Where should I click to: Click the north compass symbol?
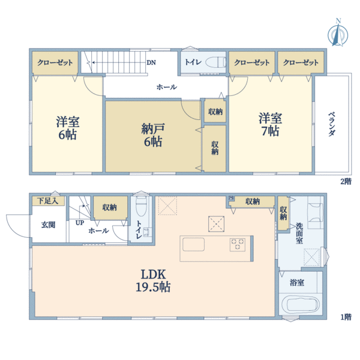[338, 33]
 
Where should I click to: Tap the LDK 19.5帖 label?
[153, 281]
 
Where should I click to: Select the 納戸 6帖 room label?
[153, 135]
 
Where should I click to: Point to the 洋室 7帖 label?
[271, 125]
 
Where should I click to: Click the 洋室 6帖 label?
[68, 128]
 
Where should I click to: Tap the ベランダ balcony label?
[332, 124]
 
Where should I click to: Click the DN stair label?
[151, 62]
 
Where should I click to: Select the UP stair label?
[80, 223]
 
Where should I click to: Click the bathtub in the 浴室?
[300, 304]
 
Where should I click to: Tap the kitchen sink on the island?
[193, 244]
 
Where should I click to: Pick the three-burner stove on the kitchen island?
[238, 244]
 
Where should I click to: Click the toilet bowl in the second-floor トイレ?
[215, 62]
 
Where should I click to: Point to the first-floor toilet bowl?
[141, 206]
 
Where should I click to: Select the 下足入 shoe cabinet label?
[48, 201]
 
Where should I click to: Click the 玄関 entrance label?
[49, 225]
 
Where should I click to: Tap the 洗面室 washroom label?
[299, 233]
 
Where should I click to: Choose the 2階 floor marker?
[346, 181]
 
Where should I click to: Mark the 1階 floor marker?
[346, 317]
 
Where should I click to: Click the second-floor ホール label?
[167, 87]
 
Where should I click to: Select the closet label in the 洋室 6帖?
[55, 62]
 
